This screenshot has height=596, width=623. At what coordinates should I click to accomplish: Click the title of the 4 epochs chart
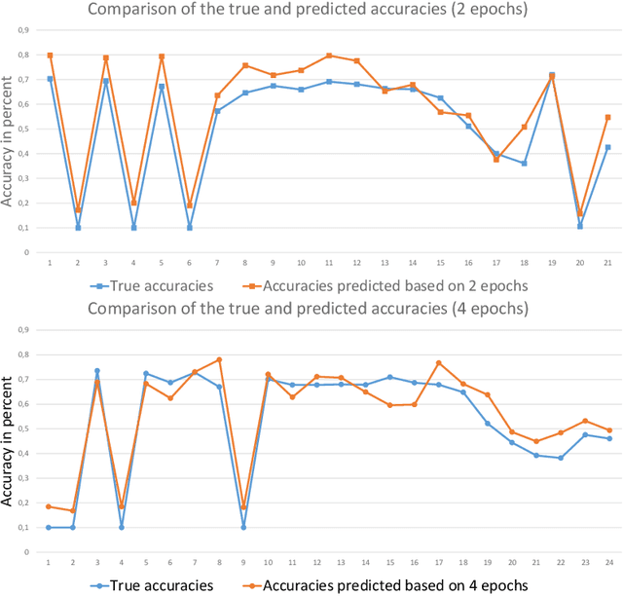(309, 310)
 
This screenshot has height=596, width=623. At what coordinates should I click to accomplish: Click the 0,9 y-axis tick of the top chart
(26, 29)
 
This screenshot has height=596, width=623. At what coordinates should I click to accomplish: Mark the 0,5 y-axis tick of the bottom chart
(26, 428)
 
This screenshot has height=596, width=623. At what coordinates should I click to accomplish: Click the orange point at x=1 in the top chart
(50, 56)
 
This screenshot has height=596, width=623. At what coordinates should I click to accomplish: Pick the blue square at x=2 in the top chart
(78, 227)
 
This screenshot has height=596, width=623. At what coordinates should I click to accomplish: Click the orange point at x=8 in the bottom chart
(219, 359)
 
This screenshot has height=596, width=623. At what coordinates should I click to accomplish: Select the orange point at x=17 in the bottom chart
(438, 362)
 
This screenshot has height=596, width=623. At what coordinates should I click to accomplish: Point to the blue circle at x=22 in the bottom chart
(561, 458)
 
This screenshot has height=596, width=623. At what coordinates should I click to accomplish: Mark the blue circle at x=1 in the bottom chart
(50, 527)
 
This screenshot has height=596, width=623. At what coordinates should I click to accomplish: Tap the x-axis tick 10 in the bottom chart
(268, 563)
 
